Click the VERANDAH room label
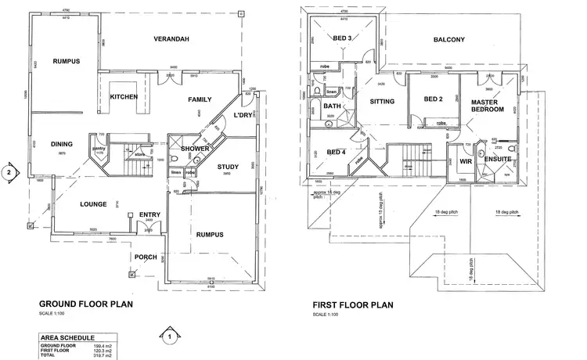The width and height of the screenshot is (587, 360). coord(173,38)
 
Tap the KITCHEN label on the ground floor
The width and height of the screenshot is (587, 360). coord(124,96)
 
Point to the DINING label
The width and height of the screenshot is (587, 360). coord(62,144)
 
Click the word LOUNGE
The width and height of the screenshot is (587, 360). coord(93,203)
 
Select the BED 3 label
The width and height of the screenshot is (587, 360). coord(342,38)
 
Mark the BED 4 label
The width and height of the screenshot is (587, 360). coord(336,152)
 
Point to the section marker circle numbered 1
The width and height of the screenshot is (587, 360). coord(167,337)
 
